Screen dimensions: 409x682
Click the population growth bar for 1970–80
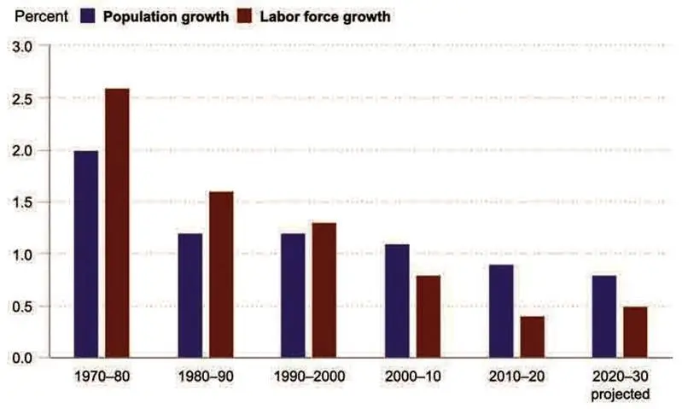pos(85,254)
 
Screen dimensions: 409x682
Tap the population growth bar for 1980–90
pos(189,295)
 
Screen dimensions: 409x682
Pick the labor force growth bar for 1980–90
pos(220,274)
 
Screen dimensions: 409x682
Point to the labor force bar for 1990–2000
pos(324,289)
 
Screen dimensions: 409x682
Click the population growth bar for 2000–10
pos(397,300)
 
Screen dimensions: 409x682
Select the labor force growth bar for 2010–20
pos(532,336)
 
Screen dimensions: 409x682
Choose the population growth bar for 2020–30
pos(604,316)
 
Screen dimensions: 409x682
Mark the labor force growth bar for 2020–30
pos(635,331)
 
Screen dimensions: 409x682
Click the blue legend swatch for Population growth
pos(89,15)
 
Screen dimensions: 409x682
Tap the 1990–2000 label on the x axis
pos(308,377)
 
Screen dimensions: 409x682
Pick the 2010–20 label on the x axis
pos(516,377)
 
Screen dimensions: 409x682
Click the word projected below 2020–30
pos(621,394)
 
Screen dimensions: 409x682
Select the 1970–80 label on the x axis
pos(101,377)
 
